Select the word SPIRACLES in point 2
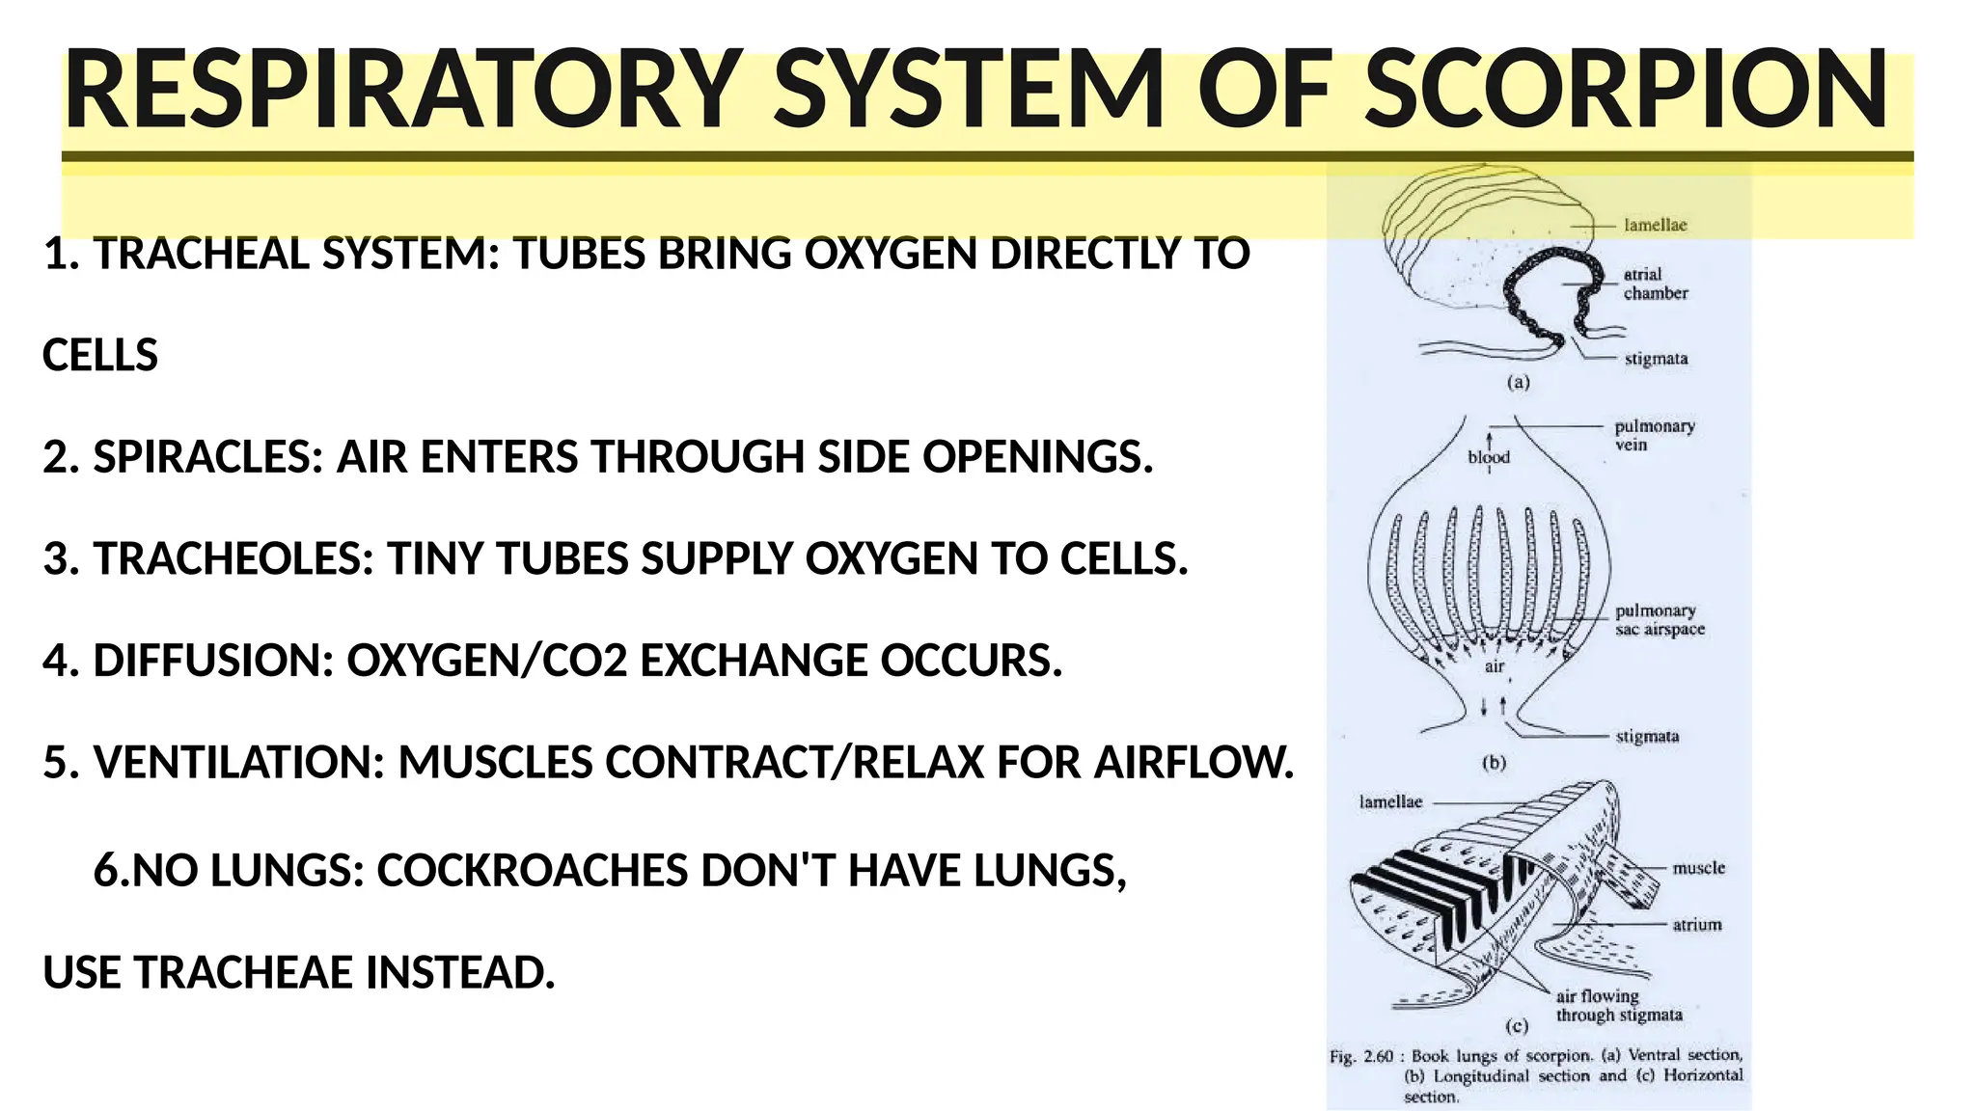pos(207,457)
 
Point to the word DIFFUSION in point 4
pos(213,661)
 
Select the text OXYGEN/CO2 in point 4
pos(487,661)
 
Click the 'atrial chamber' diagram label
pos(1655,284)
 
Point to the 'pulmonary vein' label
pos(1654,435)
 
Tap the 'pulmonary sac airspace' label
pos(1660,619)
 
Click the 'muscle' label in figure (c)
pos(1698,868)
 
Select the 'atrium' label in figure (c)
pos(1696,925)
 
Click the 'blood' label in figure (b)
pos(1489,457)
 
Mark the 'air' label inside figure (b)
pos(1495,666)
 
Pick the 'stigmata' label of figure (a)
pos(1656,359)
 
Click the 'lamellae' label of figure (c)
pos(1390,801)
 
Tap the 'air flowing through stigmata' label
pos(1618,1005)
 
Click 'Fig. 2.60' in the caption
pos(1362,1056)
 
